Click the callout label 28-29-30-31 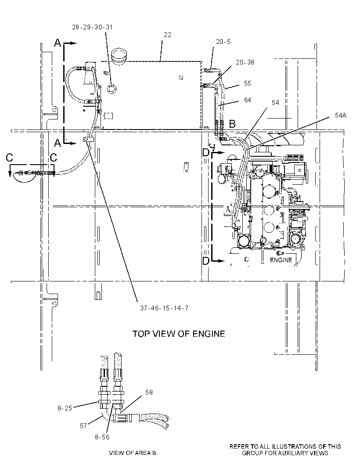[x=92, y=27]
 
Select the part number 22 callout [x=167, y=35]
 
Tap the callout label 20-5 [x=223, y=42]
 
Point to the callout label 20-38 [x=245, y=62]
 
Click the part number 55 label [x=248, y=83]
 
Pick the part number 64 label [x=248, y=100]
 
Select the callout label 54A [x=341, y=115]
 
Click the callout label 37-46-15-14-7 [x=164, y=308]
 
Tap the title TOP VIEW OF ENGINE [x=179, y=333]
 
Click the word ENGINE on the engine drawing [x=281, y=260]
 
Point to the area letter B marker [x=232, y=123]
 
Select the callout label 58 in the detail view [x=149, y=392]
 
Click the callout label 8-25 [x=65, y=408]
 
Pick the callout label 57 [x=83, y=425]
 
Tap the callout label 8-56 [x=102, y=437]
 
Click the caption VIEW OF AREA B [x=133, y=453]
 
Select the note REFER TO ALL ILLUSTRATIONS [x=285, y=450]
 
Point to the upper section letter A [x=58, y=43]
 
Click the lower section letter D [x=206, y=261]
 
